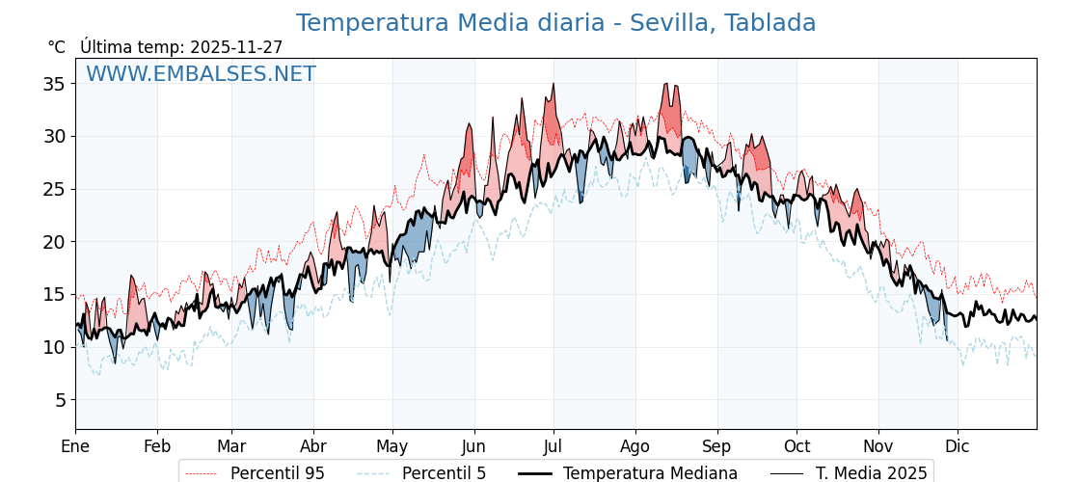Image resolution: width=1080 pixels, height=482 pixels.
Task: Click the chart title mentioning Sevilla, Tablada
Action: (x=555, y=23)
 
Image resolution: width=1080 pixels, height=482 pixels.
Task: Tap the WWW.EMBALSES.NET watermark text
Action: (x=201, y=74)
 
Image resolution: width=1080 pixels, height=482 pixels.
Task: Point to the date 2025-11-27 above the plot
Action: (x=236, y=47)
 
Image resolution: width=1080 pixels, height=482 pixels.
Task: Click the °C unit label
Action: (x=57, y=47)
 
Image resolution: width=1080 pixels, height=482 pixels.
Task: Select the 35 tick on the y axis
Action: (x=54, y=84)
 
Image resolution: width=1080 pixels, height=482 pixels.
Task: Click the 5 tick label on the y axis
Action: (x=59, y=400)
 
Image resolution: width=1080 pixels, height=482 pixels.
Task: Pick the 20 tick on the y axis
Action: (x=54, y=242)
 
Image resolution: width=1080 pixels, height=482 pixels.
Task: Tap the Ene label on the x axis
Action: (x=75, y=446)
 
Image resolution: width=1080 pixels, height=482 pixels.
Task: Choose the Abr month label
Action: (x=313, y=446)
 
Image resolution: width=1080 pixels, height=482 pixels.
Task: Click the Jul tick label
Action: (x=553, y=446)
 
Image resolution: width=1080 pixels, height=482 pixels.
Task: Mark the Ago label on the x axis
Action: (x=635, y=446)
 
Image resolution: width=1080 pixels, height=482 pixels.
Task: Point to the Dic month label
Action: (x=958, y=446)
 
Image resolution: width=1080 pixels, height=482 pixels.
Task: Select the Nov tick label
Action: (x=878, y=446)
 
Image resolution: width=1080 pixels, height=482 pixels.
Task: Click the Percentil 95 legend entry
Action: (x=277, y=473)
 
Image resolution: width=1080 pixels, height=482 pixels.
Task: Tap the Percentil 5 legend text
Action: (x=444, y=473)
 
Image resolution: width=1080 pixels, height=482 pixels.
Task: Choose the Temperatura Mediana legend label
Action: (x=650, y=473)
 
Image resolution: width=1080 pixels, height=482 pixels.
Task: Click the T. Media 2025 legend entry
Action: (x=871, y=473)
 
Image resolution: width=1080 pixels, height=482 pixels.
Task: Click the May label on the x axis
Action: (x=392, y=446)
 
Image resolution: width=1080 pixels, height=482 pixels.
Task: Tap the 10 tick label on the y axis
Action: (x=54, y=347)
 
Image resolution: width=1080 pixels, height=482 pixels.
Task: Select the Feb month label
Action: (x=157, y=446)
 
